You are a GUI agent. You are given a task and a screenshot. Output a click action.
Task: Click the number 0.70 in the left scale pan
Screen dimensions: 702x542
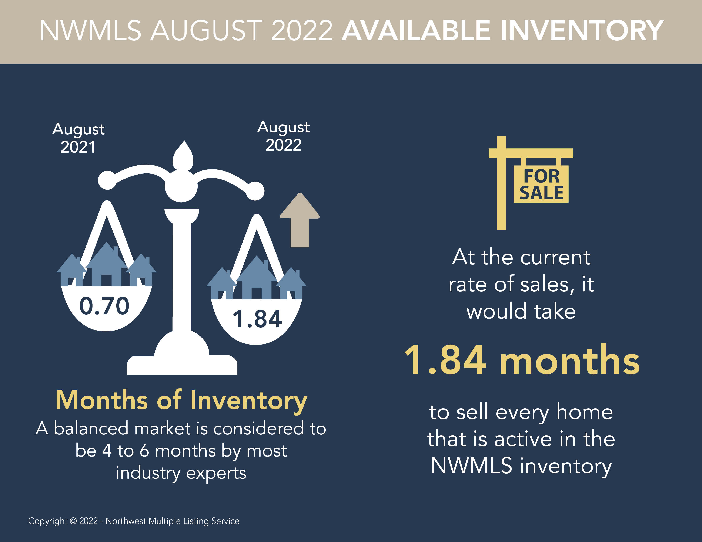104,306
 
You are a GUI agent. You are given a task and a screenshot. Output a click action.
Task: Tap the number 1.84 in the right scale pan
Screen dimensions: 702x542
257,319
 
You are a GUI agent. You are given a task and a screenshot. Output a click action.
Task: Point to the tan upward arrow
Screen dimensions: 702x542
300,220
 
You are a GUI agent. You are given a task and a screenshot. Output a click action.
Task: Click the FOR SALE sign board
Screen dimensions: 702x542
541,184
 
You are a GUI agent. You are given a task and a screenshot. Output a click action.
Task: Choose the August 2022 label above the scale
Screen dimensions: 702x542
284,136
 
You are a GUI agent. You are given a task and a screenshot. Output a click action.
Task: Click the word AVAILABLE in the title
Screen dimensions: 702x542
416,31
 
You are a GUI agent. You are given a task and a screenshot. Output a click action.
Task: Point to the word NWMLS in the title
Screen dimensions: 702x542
90,31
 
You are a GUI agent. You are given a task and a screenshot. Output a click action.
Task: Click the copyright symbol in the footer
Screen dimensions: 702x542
73,521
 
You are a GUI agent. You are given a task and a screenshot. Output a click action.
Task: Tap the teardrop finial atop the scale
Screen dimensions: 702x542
183,156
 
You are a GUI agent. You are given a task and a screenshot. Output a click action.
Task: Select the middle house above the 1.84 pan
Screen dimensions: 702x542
257,278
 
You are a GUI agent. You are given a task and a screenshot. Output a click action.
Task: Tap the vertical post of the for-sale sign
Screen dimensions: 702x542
501,183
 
